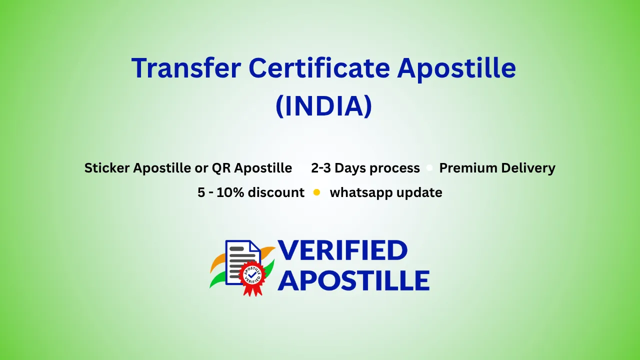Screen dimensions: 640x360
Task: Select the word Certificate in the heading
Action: [x=319, y=67]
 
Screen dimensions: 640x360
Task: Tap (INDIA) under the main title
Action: [x=324, y=106]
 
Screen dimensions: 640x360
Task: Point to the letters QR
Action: [x=221, y=167]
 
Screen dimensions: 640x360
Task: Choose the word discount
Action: [x=276, y=192]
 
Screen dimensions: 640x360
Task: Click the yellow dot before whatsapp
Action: [x=316, y=192]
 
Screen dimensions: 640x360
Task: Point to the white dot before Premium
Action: [x=429, y=167]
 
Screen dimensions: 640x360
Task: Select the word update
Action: [x=419, y=193]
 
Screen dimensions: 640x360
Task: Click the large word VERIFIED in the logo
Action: [x=342, y=250]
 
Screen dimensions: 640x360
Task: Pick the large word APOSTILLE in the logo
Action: [x=353, y=280]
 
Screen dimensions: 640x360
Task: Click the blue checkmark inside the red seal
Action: [x=252, y=274]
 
